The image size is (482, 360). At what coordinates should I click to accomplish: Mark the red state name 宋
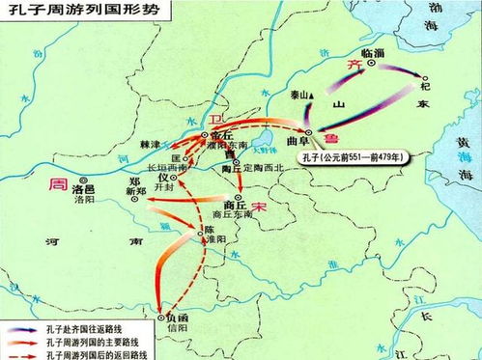[x=258, y=208]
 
